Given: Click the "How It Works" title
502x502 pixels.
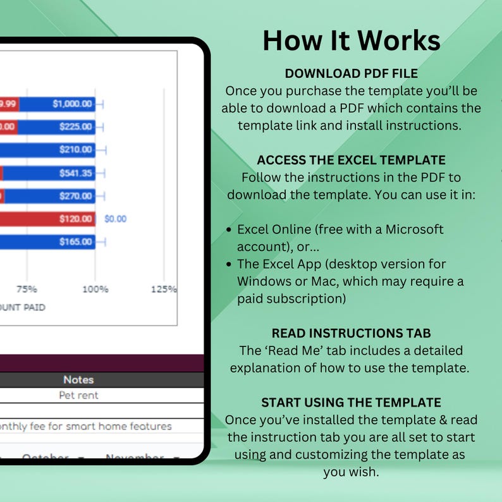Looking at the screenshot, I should coord(351,40).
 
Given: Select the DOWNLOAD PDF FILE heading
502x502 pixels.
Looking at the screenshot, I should coord(351,73).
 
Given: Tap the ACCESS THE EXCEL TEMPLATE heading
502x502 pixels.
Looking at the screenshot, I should coord(351,160).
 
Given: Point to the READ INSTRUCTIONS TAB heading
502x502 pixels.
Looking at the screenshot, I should coord(351,333).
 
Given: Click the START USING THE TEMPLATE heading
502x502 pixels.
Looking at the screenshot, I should coord(351,402).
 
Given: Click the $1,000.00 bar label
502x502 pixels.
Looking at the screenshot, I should coord(72,104).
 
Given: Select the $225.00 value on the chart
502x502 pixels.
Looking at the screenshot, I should coord(76,127).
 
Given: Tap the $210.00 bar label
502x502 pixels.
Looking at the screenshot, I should coord(76,150).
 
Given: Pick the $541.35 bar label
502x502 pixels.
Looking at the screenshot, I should coord(76,173).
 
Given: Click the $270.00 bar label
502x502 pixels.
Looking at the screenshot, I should coord(76,196).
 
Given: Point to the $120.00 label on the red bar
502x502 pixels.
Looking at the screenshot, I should coord(76,219).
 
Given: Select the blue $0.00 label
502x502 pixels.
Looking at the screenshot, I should coord(115,219).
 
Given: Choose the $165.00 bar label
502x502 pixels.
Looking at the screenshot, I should coord(76,242).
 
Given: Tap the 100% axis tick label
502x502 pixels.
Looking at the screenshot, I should coord(95,289).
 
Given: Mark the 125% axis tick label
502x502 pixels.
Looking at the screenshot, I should coord(163,289).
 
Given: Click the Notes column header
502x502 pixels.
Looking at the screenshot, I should coord(78,379).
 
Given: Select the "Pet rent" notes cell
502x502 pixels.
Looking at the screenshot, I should coord(78,395).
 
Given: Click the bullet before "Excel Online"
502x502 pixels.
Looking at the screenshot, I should coord(229,230).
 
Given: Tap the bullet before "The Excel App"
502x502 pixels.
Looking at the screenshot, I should coord(229,264).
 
